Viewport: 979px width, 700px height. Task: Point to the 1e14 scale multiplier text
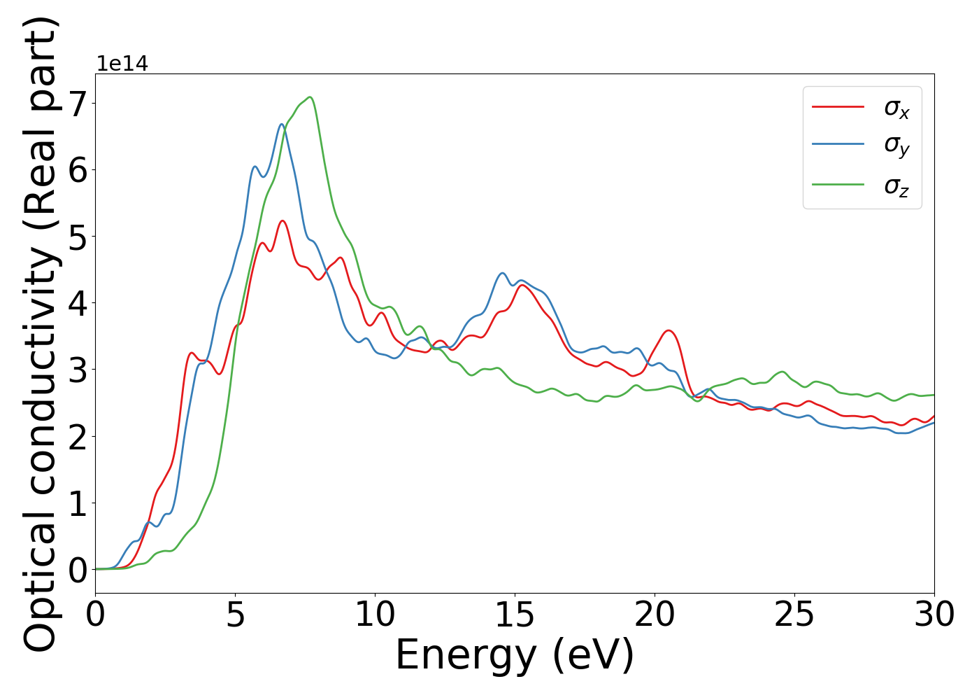tap(122, 64)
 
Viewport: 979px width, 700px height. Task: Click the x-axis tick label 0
tap(96, 615)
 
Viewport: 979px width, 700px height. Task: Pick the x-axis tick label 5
tap(236, 615)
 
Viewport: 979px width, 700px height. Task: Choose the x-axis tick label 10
tap(375, 615)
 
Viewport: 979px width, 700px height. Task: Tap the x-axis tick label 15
tap(515, 615)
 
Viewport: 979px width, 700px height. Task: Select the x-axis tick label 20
tap(655, 615)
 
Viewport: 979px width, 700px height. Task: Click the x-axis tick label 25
tap(794, 615)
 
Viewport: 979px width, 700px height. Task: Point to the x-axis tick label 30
tap(934, 615)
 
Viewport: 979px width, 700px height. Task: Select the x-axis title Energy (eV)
tap(515, 656)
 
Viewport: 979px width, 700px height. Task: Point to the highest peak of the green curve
tap(310, 97)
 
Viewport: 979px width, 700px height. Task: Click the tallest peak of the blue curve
tap(282, 125)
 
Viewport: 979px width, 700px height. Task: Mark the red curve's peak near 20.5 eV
tap(669, 330)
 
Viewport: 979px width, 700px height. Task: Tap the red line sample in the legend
tap(838, 107)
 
